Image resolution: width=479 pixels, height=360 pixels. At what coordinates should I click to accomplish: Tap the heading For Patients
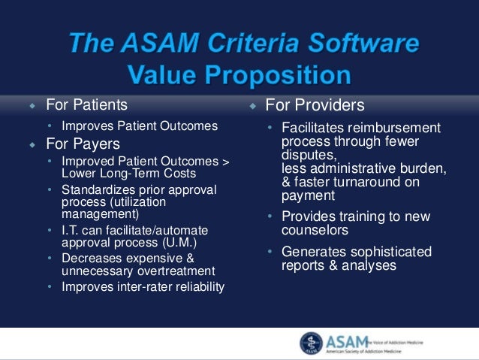pos(86,104)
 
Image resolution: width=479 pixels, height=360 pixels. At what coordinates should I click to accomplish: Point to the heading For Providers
pos(315,105)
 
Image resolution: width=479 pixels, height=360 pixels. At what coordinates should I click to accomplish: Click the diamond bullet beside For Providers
pos(253,106)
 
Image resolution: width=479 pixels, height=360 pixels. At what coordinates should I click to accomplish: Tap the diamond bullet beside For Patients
pos(32,105)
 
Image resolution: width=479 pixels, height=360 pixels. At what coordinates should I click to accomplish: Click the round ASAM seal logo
pos(312,343)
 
